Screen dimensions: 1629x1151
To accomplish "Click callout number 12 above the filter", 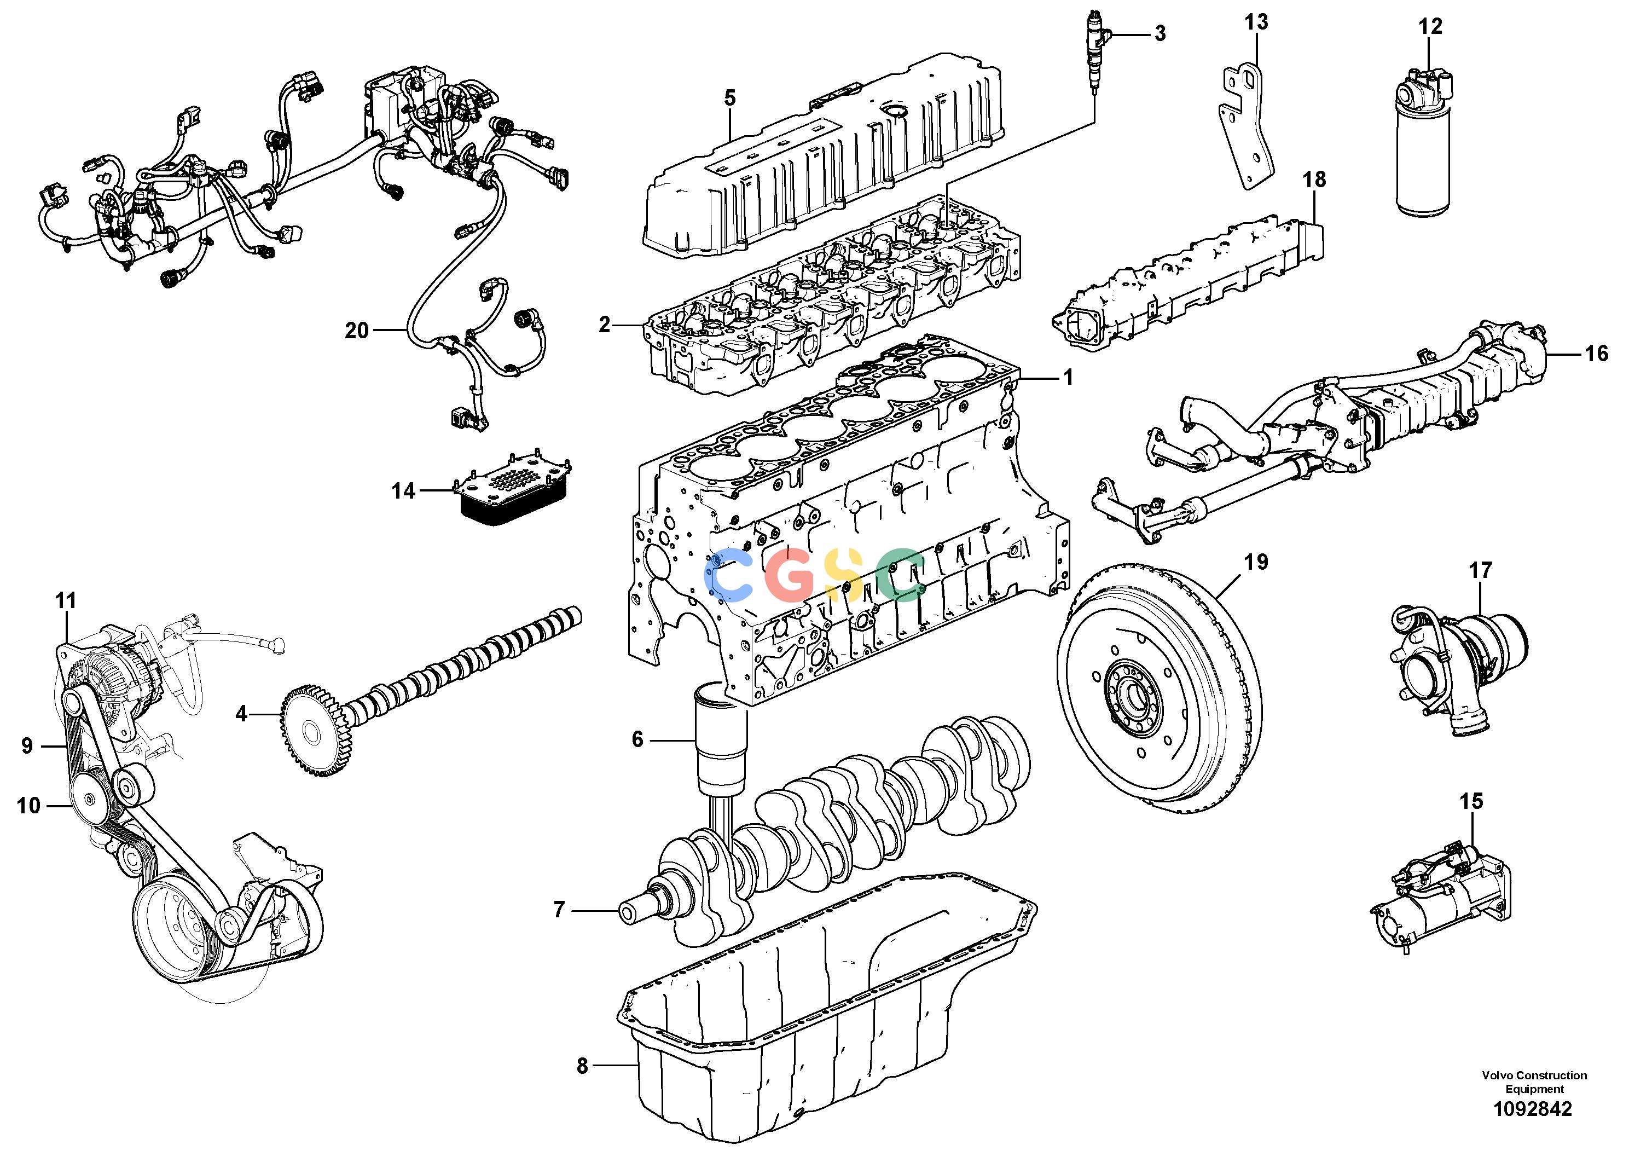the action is click(x=1430, y=26).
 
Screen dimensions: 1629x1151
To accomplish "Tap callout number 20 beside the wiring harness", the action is click(x=357, y=330).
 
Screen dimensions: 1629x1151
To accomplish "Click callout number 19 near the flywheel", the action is click(x=1256, y=562).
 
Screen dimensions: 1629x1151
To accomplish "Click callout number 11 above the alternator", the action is click(x=65, y=601).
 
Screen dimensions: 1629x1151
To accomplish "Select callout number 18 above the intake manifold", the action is click(x=1314, y=180).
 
